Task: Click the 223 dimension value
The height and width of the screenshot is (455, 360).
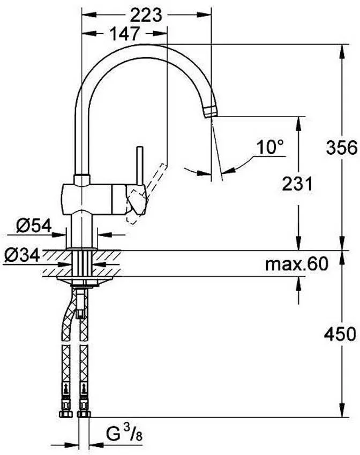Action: [146, 16]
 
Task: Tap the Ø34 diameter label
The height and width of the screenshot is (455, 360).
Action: [22, 255]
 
